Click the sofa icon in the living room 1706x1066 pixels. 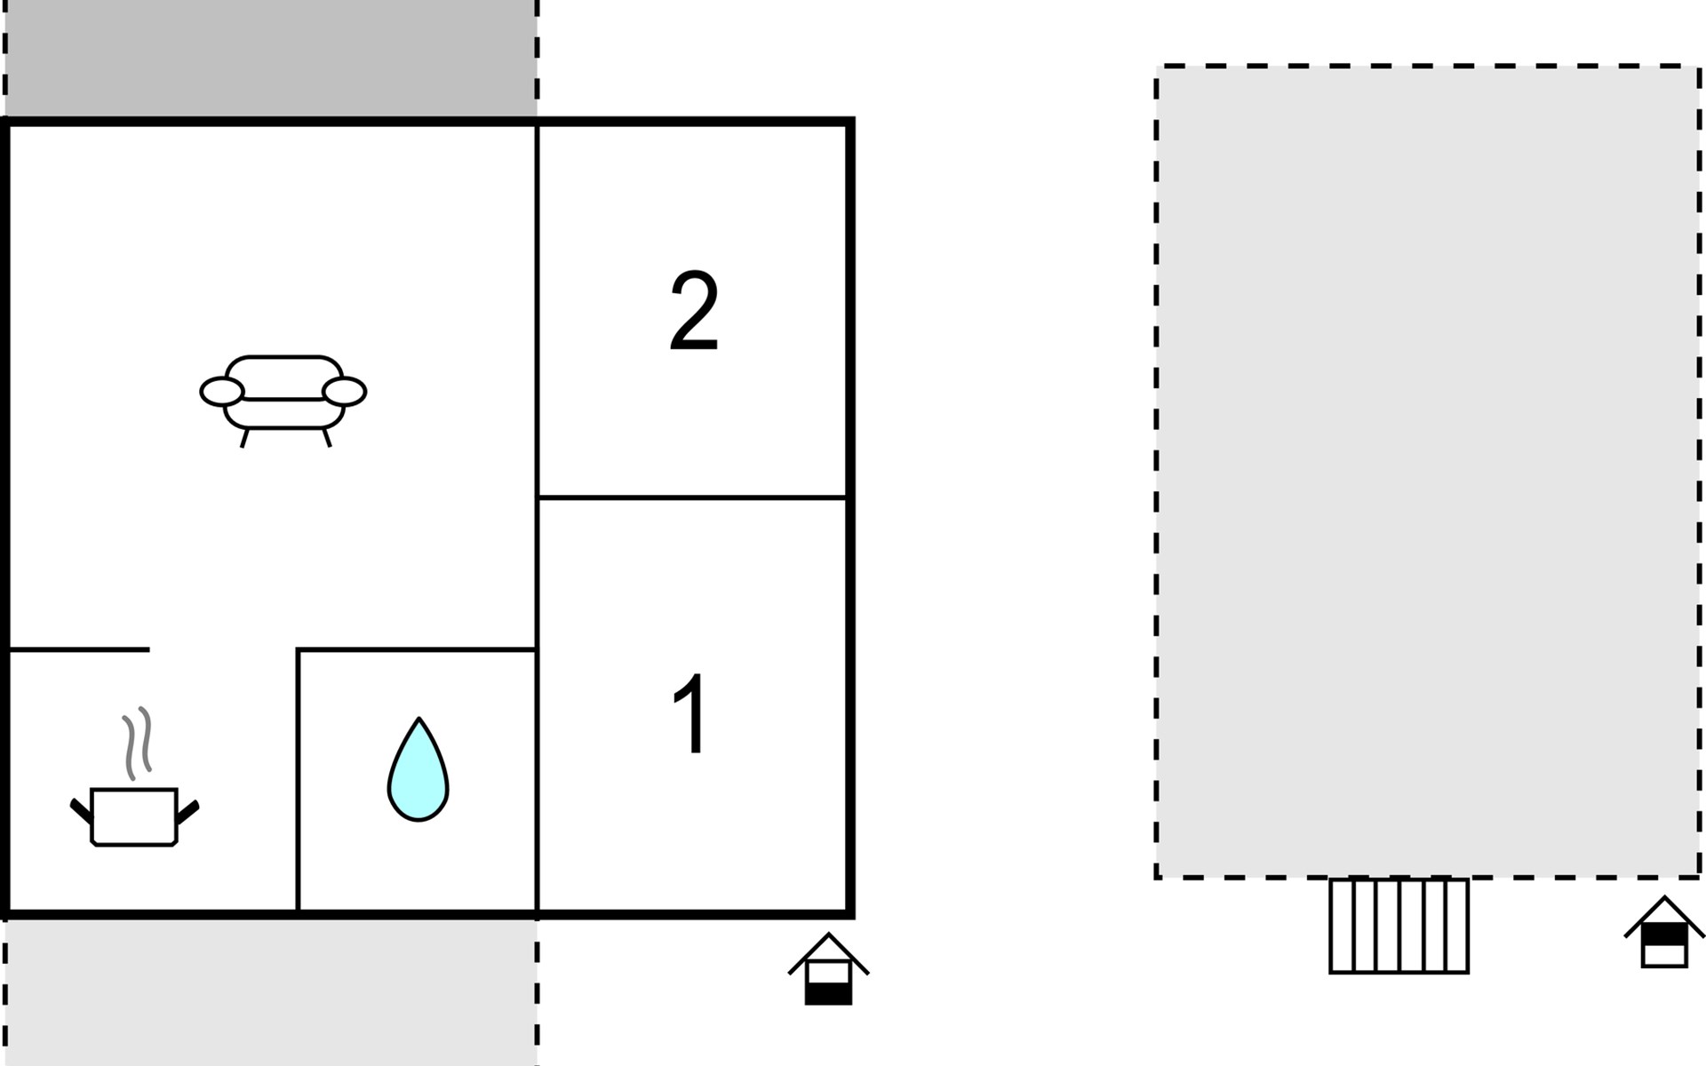(283, 397)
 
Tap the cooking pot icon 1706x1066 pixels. (134, 815)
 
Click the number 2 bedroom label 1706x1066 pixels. (693, 311)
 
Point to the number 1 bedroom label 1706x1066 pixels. (691, 713)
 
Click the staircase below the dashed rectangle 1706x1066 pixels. (1399, 926)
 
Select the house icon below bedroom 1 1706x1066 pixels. (828, 971)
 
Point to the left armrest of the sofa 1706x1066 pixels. (221, 391)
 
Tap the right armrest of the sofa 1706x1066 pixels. (344, 391)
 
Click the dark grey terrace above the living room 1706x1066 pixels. (270, 58)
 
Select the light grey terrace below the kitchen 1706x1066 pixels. (270, 990)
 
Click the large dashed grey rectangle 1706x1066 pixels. (1427, 471)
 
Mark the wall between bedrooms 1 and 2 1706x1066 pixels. (693, 497)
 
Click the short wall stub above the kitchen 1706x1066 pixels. (78, 650)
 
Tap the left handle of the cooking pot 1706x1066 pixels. (81, 810)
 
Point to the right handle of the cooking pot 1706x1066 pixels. (187, 810)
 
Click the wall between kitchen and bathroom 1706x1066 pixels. (298, 782)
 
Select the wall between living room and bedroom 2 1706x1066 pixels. (538, 311)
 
